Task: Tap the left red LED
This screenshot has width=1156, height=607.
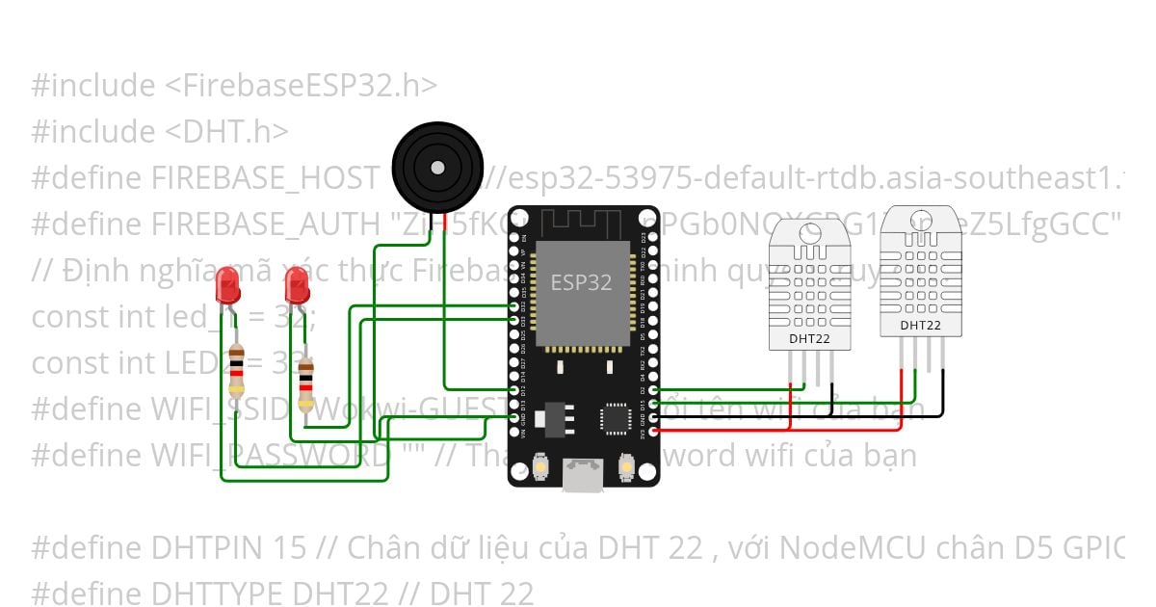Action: pos(228,284)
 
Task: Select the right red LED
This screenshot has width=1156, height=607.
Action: pos(297,284)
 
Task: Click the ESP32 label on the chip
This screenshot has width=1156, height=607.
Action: pos(581,282)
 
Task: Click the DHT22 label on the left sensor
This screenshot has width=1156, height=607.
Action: pos(809,338)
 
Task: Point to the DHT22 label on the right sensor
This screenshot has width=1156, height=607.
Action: pos(921,326)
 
